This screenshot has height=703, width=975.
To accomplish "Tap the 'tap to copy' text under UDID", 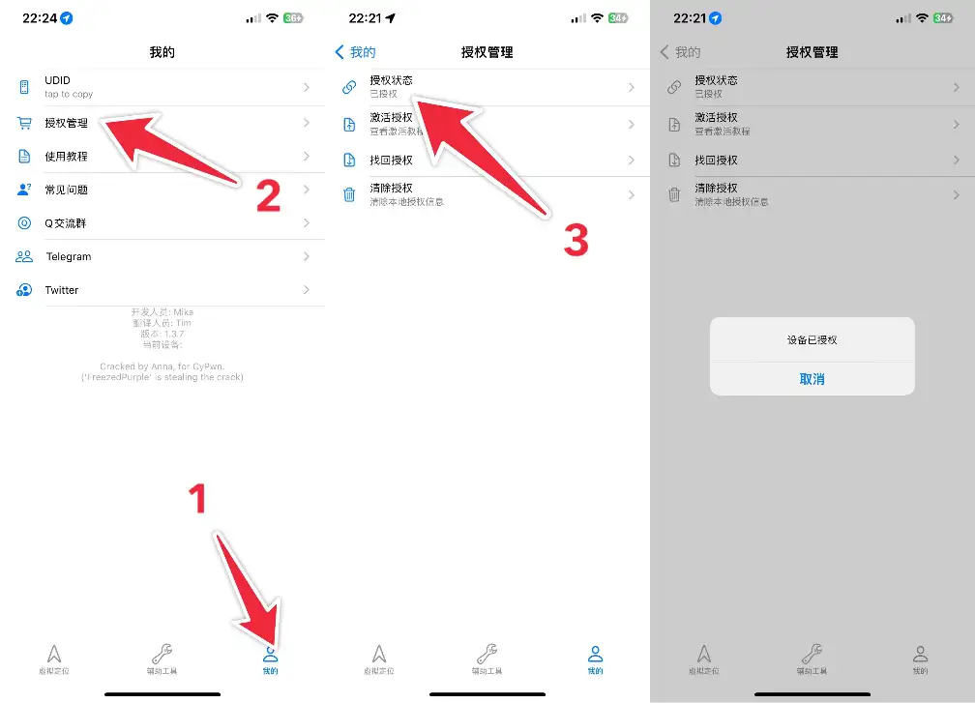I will coord(68,94).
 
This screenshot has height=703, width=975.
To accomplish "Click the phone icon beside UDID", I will coord(24,87).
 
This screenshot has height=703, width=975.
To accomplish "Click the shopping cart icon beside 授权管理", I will coord(24,123).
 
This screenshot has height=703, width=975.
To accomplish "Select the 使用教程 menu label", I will coord(66,157).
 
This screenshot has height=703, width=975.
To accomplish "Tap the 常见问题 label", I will coord(66,190).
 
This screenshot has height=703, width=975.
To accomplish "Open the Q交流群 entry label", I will coord(66,223).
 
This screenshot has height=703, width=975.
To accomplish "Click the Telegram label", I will coord(68,256).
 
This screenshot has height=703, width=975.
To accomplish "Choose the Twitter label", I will coord(62,290).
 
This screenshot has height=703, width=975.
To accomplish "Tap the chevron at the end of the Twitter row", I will coord(307,290).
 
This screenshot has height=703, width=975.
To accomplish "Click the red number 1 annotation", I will coord(196,499).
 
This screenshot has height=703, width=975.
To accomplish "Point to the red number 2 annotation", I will coord(268,196).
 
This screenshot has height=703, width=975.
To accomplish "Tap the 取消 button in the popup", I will coord(812,379).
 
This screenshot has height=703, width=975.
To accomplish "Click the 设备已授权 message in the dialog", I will coord(812,340).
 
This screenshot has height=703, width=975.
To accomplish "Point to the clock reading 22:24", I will coord(39,18).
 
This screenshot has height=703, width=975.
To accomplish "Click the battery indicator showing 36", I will coord(293,18).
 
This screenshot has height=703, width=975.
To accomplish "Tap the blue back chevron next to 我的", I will coord(340,52).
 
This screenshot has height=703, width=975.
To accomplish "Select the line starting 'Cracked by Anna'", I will coord(162,366).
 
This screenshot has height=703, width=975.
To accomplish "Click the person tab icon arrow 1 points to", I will coord(270,654).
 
